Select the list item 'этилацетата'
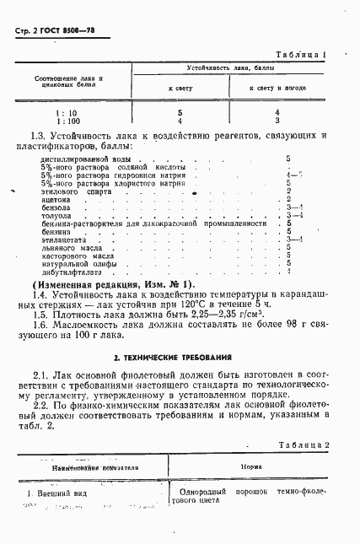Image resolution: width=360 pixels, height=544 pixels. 60,239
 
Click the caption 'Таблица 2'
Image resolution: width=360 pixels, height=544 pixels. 299,444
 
